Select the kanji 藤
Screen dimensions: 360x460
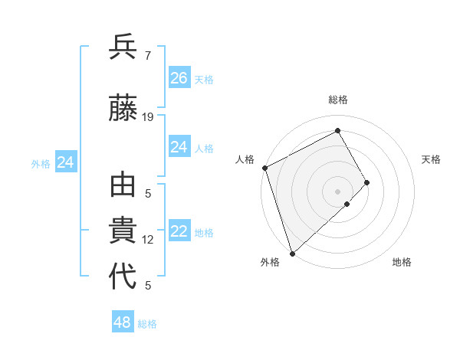click(x=123, y=108)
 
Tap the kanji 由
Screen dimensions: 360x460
click(x=123, y=186)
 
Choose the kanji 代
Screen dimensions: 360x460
click(x=123, y=277)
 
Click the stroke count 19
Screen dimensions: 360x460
click(x=148, y=117)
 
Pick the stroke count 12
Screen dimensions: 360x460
click(x=148, y=240)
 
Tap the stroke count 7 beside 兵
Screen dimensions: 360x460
click(x=148, y=56)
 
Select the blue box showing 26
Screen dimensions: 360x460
click(x=179, y=78)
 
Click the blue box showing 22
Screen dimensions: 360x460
click(x=179, y=232)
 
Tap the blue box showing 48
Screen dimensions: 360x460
click(x=123, y=322)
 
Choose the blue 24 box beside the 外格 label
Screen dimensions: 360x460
click(x=66, y=162)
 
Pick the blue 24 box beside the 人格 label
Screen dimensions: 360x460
click(x=179, y=147)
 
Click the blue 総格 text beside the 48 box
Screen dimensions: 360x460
click(x=148, y=324)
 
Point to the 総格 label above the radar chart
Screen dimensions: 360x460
click(x=338, y=100)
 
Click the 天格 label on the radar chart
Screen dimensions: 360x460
click(x=431, y=159)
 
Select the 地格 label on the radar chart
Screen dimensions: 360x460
click(x=402, y=262)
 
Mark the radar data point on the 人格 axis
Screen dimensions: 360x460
click(x=264, y=168)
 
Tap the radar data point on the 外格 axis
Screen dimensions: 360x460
click(x=291, y=252)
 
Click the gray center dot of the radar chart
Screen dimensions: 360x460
click(x=338, y=191)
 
